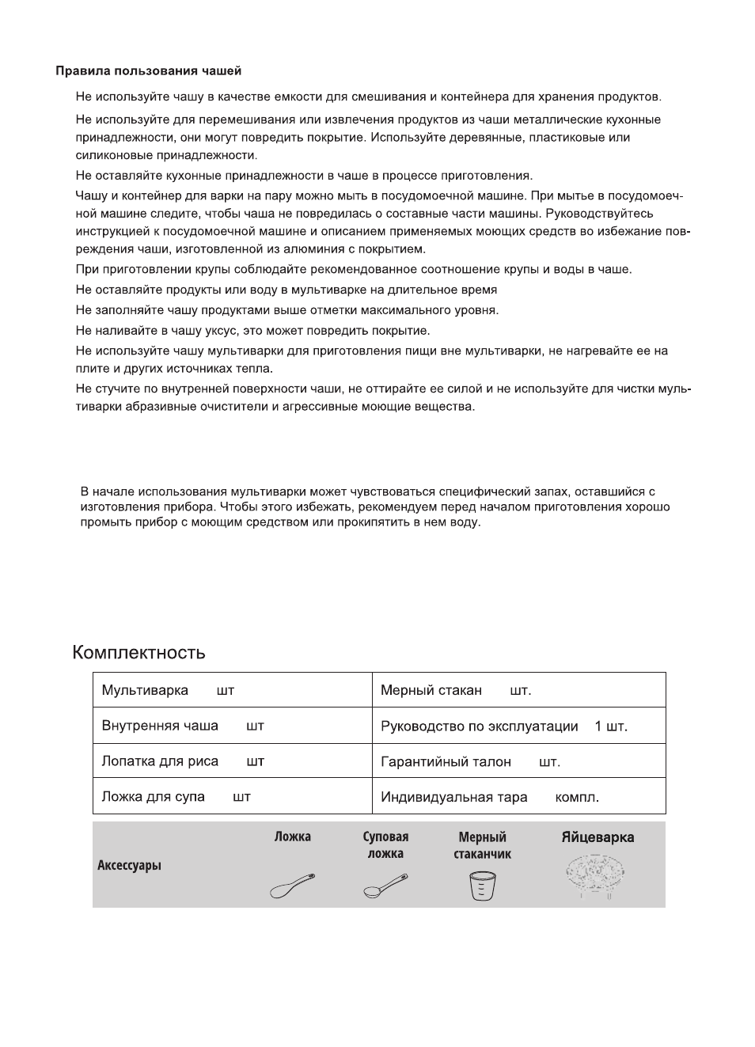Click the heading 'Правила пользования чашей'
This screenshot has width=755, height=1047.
(148, 71)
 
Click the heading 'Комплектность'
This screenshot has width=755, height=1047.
(138, 653)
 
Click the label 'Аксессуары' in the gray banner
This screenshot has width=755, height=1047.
(129, 865)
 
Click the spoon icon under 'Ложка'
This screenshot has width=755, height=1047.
(292, 886)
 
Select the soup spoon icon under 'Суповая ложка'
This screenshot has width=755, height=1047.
(385, 886)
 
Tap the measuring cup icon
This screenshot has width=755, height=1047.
(482, 886)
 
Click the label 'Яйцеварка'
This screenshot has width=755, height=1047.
(598, 837)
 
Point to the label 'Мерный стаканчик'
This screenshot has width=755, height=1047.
(482, 845)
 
